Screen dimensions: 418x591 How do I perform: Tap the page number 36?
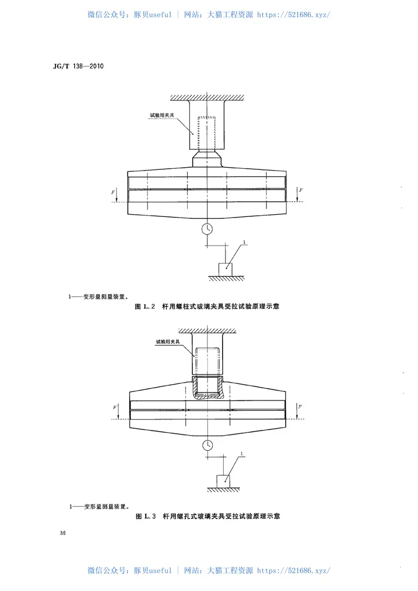[x=63, y=533]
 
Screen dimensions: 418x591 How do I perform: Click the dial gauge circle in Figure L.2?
[x=207, y=228]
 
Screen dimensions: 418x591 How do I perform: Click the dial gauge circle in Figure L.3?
[x=207, y=445]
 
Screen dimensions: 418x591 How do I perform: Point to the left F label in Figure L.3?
[x=115, y=407]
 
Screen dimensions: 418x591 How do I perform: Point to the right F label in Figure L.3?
[x=301, y=407]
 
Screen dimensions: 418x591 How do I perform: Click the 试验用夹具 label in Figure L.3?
[x=168, y=341]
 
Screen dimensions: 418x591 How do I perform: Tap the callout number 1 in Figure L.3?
[x=242, y=453]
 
